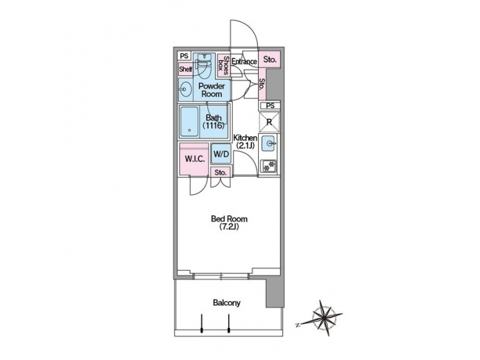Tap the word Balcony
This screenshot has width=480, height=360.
[x=227, y=303]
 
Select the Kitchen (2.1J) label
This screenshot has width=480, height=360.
[x=245, y=142]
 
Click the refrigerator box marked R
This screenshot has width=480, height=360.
[x=269, y=121]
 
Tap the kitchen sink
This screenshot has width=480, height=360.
[x=269, y=143]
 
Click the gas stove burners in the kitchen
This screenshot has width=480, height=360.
[x=269, y=165]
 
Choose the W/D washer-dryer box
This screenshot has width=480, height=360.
[x=221, y=155]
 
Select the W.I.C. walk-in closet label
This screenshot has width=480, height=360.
[x=193, y=159]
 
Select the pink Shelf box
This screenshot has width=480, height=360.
[x=185, y=69]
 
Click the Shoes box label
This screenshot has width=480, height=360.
[x=227, y=67]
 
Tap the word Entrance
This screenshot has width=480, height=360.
[x=244, y=62]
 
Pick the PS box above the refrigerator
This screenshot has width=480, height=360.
[x=269, y=106]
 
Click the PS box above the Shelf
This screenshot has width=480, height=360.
[x=184, y=56]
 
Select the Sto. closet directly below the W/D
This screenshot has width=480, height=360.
[x=221, y=173]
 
